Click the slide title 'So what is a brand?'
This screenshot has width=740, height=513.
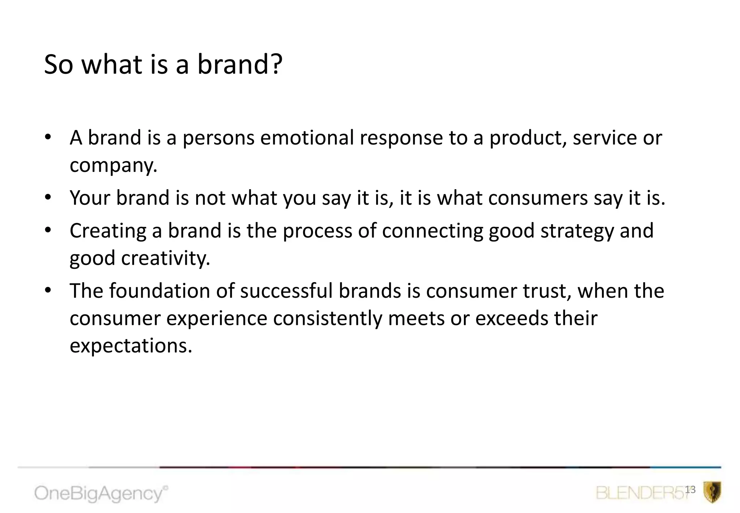[x=163, y=64]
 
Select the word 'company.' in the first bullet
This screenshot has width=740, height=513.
[x=113, y=165]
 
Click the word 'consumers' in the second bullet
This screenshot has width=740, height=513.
[x=538, y=198]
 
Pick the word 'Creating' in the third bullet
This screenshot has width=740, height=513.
[x=108, y=231]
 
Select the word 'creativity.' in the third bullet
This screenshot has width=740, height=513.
[x=165, y=258]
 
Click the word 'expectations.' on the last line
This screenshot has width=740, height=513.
[x=131, y=346]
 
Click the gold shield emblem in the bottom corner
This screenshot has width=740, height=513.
[x=712, y=492]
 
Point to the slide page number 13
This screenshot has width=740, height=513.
[x=690, y=489]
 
